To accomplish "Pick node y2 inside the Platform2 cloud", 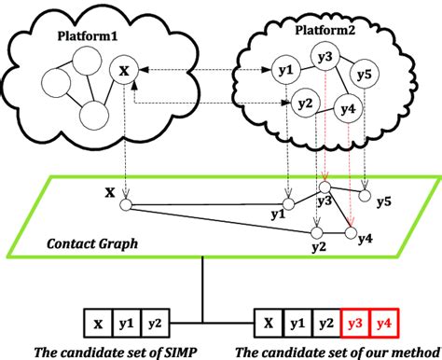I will coord(303,102).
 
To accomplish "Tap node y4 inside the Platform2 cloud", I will coord(349,109).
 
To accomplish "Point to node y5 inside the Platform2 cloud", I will coord(366,74).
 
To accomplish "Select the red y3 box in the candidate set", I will coord(355,325).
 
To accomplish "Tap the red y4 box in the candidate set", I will coord(384,325).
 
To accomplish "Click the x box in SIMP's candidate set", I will coord(98,325).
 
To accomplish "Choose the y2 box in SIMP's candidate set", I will coord(156,325).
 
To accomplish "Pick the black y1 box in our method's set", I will coord(297,325).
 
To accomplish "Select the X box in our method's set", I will coord(268,325).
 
